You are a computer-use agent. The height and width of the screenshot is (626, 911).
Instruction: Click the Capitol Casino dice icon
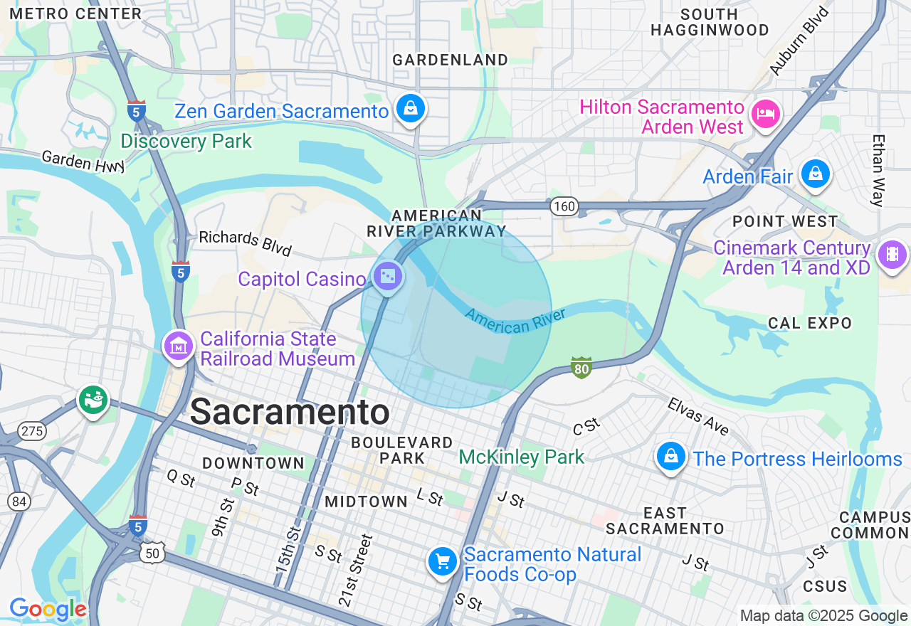click(387, 276)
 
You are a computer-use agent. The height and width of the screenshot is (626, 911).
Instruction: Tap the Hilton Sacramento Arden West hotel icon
click(765, 114)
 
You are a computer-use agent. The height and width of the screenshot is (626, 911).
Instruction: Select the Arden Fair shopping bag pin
click(815, 173)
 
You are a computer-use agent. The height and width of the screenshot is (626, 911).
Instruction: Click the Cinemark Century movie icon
click(892, 254)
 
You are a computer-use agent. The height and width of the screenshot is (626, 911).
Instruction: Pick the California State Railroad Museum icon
click(178, 346)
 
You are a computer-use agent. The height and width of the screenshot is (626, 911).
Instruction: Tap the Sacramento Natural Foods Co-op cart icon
click(442, 562)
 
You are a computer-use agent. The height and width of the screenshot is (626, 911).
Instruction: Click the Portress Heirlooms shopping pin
click(670, 457)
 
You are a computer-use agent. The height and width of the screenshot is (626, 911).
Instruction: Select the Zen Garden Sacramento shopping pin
click(411, 109)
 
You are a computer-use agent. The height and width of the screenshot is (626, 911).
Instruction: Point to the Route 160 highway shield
click(564, 206)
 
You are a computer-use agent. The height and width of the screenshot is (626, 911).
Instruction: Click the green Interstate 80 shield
click(581, 368)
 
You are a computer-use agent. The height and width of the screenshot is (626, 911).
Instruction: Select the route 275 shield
click(33, 431)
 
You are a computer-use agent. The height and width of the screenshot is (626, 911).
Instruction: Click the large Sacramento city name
click(290, 412)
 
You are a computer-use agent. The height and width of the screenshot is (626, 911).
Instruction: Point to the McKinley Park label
click(521, 457)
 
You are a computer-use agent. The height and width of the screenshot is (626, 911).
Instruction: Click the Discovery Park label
click(186, 141)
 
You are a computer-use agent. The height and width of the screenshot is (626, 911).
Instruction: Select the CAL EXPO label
click(809, 323)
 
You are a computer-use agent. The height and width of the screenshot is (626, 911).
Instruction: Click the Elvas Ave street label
click(698, 416)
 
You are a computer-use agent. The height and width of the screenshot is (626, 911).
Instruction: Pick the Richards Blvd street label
click(245, 242)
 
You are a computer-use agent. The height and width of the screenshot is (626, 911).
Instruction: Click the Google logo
click(48, 610)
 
